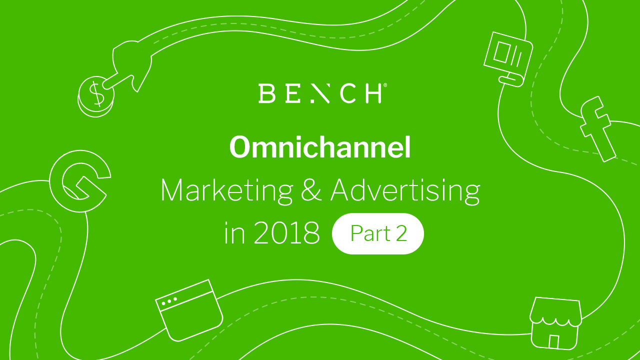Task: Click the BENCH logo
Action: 322,93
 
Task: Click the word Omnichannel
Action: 320,147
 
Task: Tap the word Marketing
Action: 227,191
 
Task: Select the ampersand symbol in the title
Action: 311,190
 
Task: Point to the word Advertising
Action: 405,191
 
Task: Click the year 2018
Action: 286,233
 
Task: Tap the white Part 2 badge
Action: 377,233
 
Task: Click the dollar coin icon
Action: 96,96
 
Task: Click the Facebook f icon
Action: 597,128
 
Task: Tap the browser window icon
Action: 189,310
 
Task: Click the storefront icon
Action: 555,323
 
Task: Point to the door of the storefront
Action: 553,341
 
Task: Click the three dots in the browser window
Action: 169,301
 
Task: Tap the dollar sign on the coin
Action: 96,93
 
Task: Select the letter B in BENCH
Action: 266,93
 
